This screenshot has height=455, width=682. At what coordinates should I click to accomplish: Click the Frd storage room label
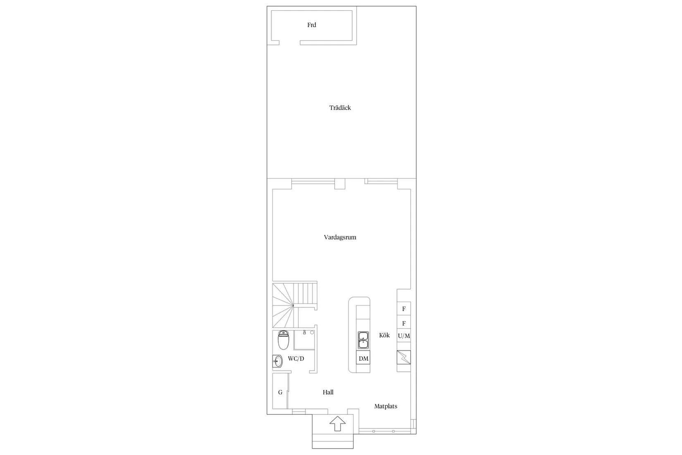tap(312, 25)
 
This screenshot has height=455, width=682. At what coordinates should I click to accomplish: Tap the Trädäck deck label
tap(340, 108)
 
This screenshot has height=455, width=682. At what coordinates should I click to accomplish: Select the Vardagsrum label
tap(340, 237)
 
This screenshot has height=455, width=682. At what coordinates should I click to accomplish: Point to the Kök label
tap(384, 335)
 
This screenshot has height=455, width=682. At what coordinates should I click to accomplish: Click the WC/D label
tap(296, 359)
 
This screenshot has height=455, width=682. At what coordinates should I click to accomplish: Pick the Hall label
tap(328, 392)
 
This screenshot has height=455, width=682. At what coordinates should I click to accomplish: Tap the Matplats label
tap(386, 406)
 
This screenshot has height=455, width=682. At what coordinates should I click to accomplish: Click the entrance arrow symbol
tap(338, 424)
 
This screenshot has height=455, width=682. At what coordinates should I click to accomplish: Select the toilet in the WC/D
tap(283, 340)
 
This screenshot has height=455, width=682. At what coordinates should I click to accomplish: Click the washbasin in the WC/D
tap(277, 362)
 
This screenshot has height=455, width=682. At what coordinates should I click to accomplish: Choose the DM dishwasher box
tap(363, 359)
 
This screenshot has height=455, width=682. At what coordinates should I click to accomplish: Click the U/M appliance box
tap(404, 336)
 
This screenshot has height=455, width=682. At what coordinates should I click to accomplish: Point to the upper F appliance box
tap(404, 309)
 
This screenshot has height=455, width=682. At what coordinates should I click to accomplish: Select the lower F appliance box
tap(404, 323)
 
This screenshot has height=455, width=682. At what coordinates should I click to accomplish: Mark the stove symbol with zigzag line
tap(404, 357)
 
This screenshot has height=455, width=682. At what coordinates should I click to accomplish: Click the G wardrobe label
tap(280, 392)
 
